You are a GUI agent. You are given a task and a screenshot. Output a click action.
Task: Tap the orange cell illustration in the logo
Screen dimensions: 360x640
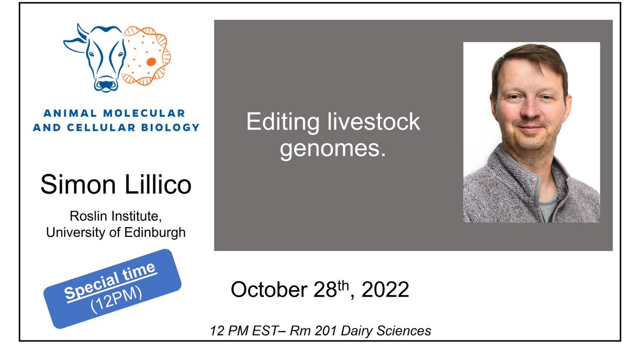145,56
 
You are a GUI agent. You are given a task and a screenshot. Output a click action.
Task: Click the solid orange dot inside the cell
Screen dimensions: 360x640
151,61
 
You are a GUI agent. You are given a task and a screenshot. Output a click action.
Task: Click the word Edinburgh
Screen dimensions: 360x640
158,233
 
